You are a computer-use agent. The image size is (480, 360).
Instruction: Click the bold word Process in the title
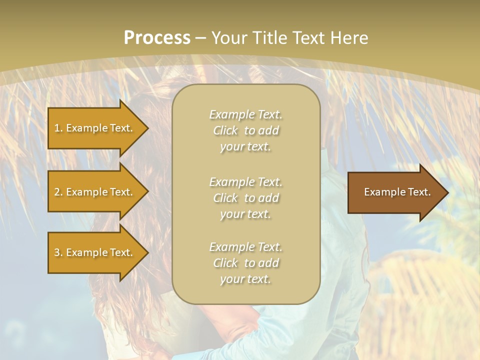pyautogui.click(x=157, y=37)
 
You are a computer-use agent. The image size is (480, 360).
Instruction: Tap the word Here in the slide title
pyautogui.click(x=348, y=37)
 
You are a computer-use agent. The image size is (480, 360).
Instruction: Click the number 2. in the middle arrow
pyautogui.click(x=58, y=192)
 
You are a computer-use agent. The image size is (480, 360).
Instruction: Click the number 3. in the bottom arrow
pyautogui.click(x=58, y=252)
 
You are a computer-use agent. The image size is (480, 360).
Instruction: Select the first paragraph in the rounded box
pyautogui.click(x=245, y=130)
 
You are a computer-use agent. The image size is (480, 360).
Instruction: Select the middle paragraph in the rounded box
pyautogui.click(x=245, y=198)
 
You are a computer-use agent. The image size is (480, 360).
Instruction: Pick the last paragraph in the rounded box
pyautogui.click(x=245, y=263)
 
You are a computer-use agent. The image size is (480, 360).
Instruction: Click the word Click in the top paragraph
pyautogui.click(x=225, y=130)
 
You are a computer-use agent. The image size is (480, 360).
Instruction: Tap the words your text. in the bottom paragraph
pyautogui.click(x=245, y=279)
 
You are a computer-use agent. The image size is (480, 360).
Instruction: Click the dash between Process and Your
pyautogui.click(x=201, y=38)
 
